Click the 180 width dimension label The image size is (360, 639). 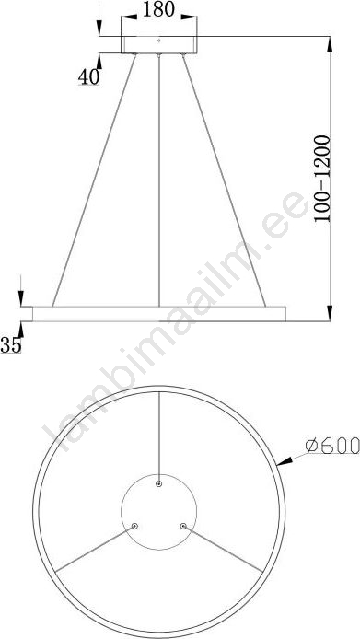[158, 9]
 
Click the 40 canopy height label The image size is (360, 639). [89, 76]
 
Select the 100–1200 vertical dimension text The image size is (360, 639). [322, 179]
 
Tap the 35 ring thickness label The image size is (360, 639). [11, 345]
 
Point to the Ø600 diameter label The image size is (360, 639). [332, 445]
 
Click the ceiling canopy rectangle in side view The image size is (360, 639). [159, 45]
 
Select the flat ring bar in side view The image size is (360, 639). [159, 314]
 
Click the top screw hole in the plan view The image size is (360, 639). [159, 484]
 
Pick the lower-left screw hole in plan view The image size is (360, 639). [134, 526]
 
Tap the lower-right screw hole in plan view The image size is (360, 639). [183, 526]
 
